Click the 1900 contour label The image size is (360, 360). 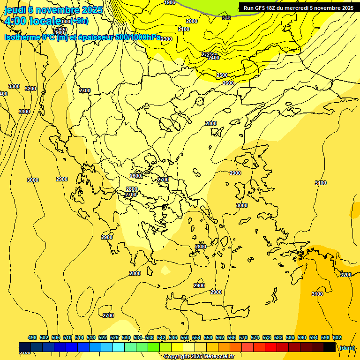pyautogui.click(x=170, y=2)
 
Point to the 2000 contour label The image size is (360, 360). pyautogui.click(x=191, y=21)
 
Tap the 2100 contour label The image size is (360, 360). pyautogui.click(x=184, y=29)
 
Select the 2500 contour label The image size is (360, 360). pyautogui.click(x=222, y=75)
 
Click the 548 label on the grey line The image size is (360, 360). pyautogui.click(x=226, y=18)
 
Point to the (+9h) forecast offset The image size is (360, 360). pyautogui.click(x=79, y=21)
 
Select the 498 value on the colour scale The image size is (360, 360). pyautogui.click(x=32, y=337)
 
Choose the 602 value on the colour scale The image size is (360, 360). pyautogui.click(x=337, y=337)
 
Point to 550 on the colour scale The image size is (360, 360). pyautogui.click(x=185, y=337)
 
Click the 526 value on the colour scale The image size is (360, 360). pyautogui.click(x=114, y=337)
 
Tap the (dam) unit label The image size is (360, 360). pyautogui.click(x=347, y=348)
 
